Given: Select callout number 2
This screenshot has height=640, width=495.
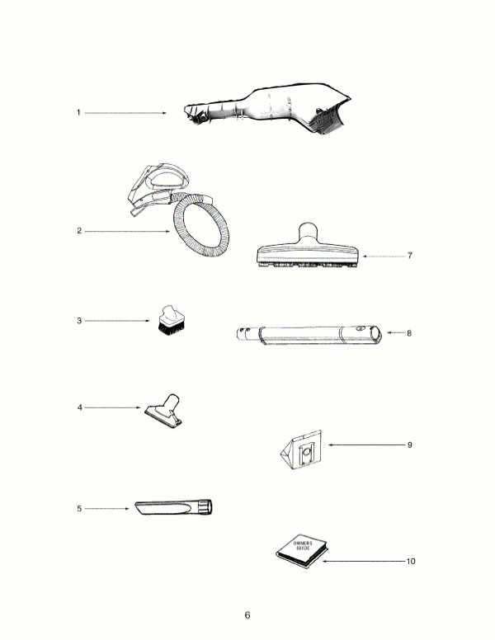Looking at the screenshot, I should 78,231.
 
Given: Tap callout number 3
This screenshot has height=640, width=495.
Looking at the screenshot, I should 78,320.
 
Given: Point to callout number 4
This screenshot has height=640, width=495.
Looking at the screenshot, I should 78,407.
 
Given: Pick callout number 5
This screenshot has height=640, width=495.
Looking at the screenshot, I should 78,509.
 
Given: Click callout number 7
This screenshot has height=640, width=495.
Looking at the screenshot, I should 409,256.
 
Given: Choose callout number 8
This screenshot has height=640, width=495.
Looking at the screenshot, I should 409,333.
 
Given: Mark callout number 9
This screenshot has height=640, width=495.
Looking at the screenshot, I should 409,445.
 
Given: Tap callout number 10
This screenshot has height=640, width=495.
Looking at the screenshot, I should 411,561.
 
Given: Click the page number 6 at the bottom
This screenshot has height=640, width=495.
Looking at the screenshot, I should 247,615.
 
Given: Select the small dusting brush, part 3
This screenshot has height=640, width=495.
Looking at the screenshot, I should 170,321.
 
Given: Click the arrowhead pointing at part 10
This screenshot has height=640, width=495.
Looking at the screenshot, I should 324,561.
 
